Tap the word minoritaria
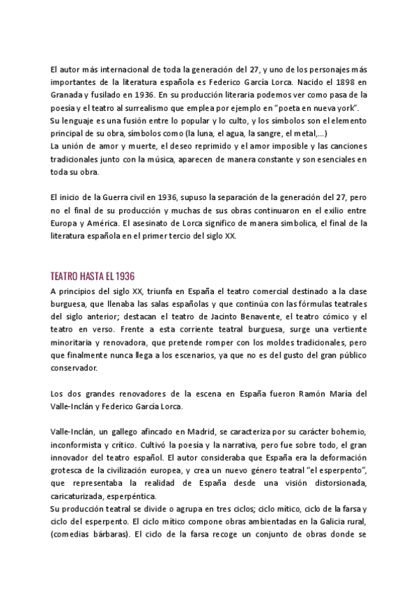pyautogui.click(x=74, y=342)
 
